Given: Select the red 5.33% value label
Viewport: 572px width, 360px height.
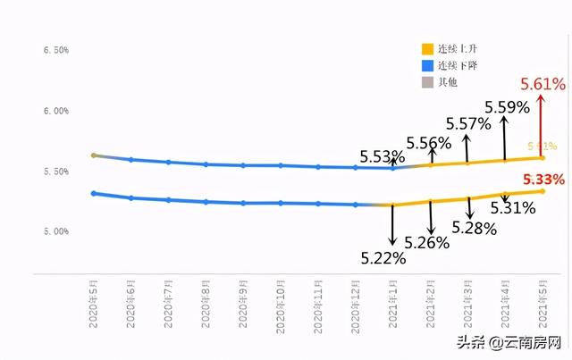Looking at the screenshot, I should tap(543, 180).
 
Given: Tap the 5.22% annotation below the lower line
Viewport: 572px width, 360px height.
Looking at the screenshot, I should tap(383, 258).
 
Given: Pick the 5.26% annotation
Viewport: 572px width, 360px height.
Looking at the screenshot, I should tap(426, 242).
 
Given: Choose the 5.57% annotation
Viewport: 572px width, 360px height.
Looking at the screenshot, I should tap(467, 122).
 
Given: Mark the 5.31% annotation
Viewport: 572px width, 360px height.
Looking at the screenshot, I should tap(512, 208).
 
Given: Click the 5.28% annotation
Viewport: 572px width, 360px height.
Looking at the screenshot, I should tap(474, 228).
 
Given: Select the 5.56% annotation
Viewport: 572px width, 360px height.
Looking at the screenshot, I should tap(428, 143).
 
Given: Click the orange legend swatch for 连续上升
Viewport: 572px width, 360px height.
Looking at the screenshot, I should tap(428, 49).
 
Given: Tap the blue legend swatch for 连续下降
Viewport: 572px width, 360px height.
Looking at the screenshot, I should tap(428, 66).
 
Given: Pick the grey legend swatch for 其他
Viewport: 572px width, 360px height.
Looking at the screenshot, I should tap(428, 83).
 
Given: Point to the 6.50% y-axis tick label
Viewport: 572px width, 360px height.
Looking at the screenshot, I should tap(55, 51).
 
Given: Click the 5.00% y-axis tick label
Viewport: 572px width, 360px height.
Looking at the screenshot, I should tap(55, 232).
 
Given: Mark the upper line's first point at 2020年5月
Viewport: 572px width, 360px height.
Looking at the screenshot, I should tap(93, 155).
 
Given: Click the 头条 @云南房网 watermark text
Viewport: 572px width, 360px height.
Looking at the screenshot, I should tap(509, 343).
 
